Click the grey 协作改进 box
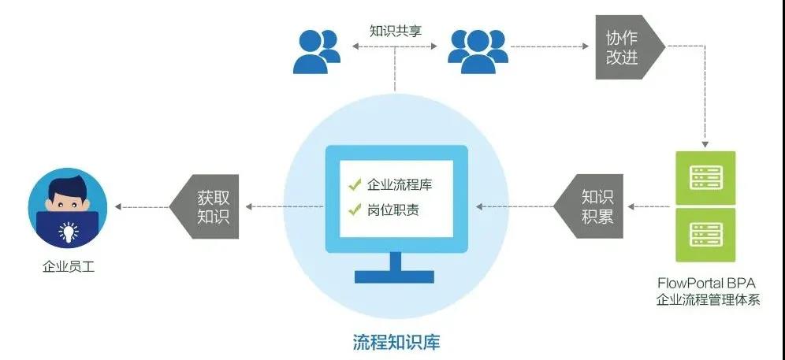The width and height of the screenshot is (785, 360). coord(626,47)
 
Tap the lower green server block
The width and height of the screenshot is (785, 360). coord(705,235)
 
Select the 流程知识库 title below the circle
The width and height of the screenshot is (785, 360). coord(396,343)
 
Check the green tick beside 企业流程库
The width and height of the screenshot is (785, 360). coord(355,186)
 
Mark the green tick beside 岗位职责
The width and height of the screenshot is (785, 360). coord(355,210)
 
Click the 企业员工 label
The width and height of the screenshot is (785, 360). coord(68,267)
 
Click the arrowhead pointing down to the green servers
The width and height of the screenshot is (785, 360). coord(705,145)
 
